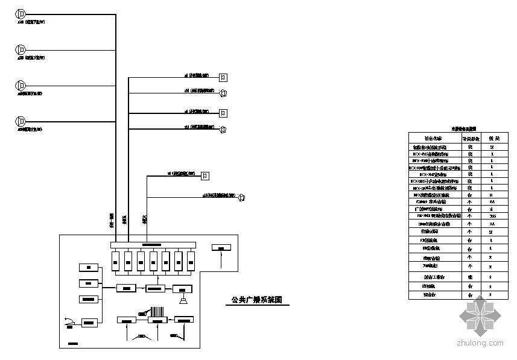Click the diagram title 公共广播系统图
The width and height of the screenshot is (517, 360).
pyautogui.click(x=257, y=300)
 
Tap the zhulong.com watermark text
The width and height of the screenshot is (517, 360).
pyautogui.click(x=480, y=343)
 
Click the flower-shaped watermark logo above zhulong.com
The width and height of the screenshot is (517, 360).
pyautogui.click(x=480, y=315)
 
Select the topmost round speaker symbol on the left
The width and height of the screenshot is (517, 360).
pyautogui.click(x=21, y=14)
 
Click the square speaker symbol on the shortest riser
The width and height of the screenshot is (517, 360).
pyautogui.click(x=206, y=175)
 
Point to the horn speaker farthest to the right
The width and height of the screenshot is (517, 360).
pyautogui.click(x=241, y=197)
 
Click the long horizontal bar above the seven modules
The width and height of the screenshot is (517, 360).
pyautogui.click(x=152, y=244)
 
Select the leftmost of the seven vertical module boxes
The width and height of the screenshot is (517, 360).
pyautogui.click(x=115, y=261)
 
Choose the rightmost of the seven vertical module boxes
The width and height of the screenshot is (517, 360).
pyautogui.click(x=191, y=261)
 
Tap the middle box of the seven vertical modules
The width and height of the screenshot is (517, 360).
pyautogui.click(x=153, y=261)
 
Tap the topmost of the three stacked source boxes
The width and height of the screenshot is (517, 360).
pyautogui.click(x=89, y=267)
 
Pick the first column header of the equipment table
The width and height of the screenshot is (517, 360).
pyautogui.click(x=434, y=137)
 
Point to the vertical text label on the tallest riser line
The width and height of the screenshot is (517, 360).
pyautogui.click(x=112, y=220)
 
